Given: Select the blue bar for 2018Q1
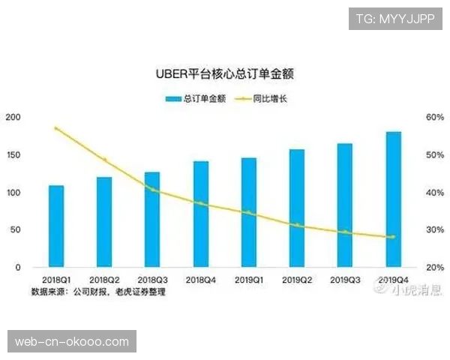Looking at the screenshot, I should [x=56, y=226].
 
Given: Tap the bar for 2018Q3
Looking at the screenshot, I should [x=152, y=219].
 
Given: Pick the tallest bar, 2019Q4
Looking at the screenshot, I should [x=393, y=199].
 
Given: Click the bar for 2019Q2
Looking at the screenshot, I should [x=297, y=208].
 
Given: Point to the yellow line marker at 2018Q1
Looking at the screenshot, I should [x=56, y=129].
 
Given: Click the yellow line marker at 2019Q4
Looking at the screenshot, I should [x=393, y=237].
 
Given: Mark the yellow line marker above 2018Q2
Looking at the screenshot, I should [x=104, y=160].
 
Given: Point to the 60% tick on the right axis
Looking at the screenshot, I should [x=433, y=118].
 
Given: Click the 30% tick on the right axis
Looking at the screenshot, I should [x=433, y=230].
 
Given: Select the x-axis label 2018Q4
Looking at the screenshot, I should [x=200, y=280].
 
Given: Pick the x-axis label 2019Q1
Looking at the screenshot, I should [x=248, y=280].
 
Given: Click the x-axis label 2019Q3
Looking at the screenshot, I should [x=345, y=280].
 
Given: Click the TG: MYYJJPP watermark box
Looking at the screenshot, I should [x=396, y=18].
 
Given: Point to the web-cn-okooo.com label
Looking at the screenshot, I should [x=72, y=342].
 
